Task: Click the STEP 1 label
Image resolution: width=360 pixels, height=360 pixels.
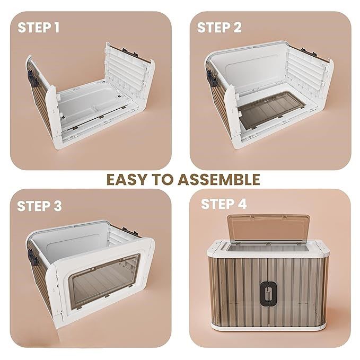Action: tap(39, 28)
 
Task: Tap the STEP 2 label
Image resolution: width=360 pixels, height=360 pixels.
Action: tap(219, 28)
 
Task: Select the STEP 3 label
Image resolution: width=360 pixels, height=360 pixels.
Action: tap(39, 206)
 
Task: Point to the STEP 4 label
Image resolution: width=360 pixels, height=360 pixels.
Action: tap(224, 204)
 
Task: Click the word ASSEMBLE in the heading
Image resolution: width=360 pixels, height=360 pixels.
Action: tap(219, 180)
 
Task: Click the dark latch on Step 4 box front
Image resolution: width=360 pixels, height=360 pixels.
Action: tap(268, 294)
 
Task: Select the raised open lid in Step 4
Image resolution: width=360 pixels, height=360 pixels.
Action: tap(269, 229)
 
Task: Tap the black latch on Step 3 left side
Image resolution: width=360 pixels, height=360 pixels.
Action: tap(32, 257)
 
